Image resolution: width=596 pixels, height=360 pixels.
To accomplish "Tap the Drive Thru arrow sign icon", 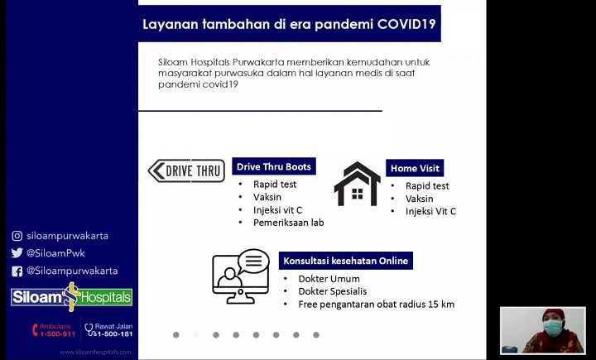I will click(186, 171).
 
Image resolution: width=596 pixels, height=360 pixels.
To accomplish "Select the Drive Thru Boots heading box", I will click(274, 166).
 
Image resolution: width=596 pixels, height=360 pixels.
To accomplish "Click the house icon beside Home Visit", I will click(357, 184).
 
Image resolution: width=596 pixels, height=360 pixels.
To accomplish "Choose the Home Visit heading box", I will click(415, 168).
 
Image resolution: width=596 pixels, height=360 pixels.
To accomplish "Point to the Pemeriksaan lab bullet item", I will click(288, 223).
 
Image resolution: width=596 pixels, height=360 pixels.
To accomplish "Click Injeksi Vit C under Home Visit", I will click(430, 212).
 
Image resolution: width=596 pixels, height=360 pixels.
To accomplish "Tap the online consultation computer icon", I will click(240, 276).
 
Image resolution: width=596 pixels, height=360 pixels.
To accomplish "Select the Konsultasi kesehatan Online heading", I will click(345, 261).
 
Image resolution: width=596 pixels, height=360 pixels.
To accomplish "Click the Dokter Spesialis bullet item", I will click(332, 291).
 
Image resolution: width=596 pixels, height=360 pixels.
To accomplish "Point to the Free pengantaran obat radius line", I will click(376, 305).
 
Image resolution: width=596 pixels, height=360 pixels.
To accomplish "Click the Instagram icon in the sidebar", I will click(17, 236).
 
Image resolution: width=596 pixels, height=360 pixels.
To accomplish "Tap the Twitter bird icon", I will click(17, 253).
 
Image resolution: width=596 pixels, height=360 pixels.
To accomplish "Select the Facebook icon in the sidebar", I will click(17, 271).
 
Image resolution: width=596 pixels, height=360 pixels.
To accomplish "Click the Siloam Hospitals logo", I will click(71, 297).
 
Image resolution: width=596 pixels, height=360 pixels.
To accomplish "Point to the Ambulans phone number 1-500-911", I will click(57, 334).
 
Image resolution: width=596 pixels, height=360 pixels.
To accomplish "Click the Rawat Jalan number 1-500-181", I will click(113, 334).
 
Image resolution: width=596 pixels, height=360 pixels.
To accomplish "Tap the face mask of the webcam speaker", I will click(553, 328).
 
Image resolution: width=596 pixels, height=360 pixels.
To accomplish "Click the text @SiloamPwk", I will click(55, 253).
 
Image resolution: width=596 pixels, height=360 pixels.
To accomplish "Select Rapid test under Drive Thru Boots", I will click(275, 185).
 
